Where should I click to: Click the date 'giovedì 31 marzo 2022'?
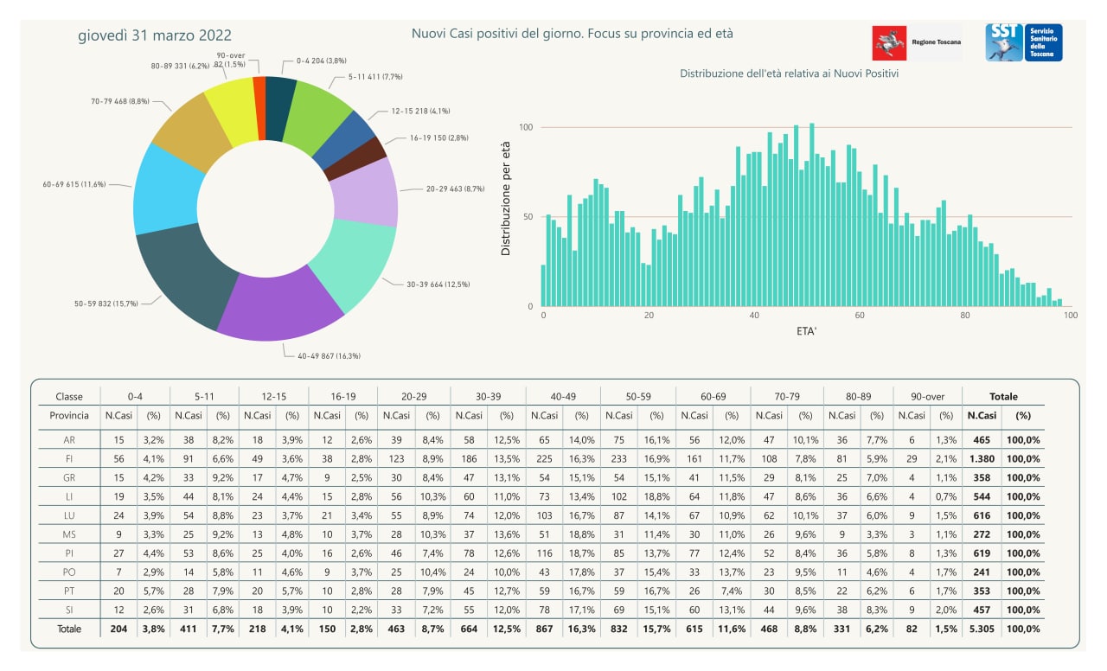pyautogui.click(x=155, y=35)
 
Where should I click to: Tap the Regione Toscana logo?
pyautogui.click(x=917, y=42)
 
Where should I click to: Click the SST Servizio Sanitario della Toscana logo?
pyautogui.click(x=1024, y=42)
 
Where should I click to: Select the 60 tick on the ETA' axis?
pyautogui.click(x=860, y=316)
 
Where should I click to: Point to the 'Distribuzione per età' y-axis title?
pyautogui.click(x=507, y=198)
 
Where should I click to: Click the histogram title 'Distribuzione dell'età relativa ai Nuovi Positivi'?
pyautogui.click(x=789, y=74)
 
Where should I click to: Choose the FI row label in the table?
pyautogui.click(x=68, y=458)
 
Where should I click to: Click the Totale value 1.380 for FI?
pyautogui.click(x=981, y=458)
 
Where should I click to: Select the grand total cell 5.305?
pyautogui.click(x=981, y=629)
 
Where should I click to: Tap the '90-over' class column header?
pyautogui.click(x=928, y=396)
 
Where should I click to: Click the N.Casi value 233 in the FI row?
pyautogui.click(x=620, y=458)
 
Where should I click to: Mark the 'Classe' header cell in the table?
pyautogui.click(x=69, y=396)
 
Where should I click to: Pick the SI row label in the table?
pyautogui.click(x=68, y=610)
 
